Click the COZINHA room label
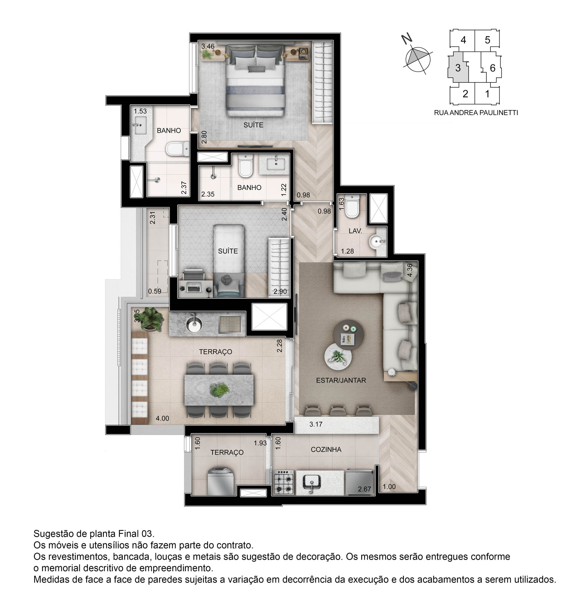(326, 449)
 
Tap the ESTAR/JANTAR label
(341, 380)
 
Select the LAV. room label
(355, 231)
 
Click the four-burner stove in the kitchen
(284, 482)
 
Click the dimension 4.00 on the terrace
(162, 418)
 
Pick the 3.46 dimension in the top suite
(208, 46)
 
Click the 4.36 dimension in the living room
(410, 270)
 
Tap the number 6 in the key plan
(492, 68)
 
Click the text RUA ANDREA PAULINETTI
(476, 113)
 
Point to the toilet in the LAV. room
(352, 206)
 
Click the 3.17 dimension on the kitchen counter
(316, 424)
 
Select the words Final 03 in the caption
(136, 534)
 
